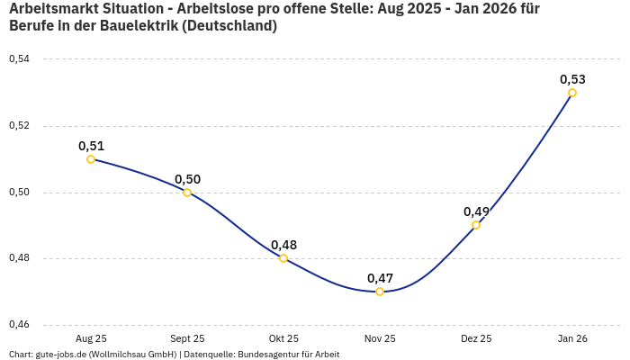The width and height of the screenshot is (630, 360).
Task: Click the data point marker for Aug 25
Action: pos(91,159)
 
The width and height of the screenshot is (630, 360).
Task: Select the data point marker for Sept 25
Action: pos(187,193)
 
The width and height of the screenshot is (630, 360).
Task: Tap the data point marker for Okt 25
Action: pos(283,258)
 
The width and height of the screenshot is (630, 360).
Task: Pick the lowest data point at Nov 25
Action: pos(380,292)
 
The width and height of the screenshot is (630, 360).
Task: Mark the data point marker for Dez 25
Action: pos(476,225)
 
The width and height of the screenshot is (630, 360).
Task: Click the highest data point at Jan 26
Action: pos(572,93)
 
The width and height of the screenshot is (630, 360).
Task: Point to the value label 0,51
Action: pos(91,145)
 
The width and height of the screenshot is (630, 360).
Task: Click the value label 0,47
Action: pos(380,277)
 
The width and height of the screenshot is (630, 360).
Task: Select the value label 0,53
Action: pos(572,79)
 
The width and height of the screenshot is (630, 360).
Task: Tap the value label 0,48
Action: pos(283,244)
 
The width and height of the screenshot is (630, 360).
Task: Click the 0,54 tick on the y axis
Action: pos(19,59)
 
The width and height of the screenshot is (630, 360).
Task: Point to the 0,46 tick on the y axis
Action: pos(19,325)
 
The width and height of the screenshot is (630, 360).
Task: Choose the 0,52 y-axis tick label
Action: pos(19,126)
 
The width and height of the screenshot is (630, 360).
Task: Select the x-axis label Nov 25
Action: pos(380,338)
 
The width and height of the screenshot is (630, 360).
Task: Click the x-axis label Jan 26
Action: pos(572,338)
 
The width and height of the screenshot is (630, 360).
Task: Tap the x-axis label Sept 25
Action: pos(187,338)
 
